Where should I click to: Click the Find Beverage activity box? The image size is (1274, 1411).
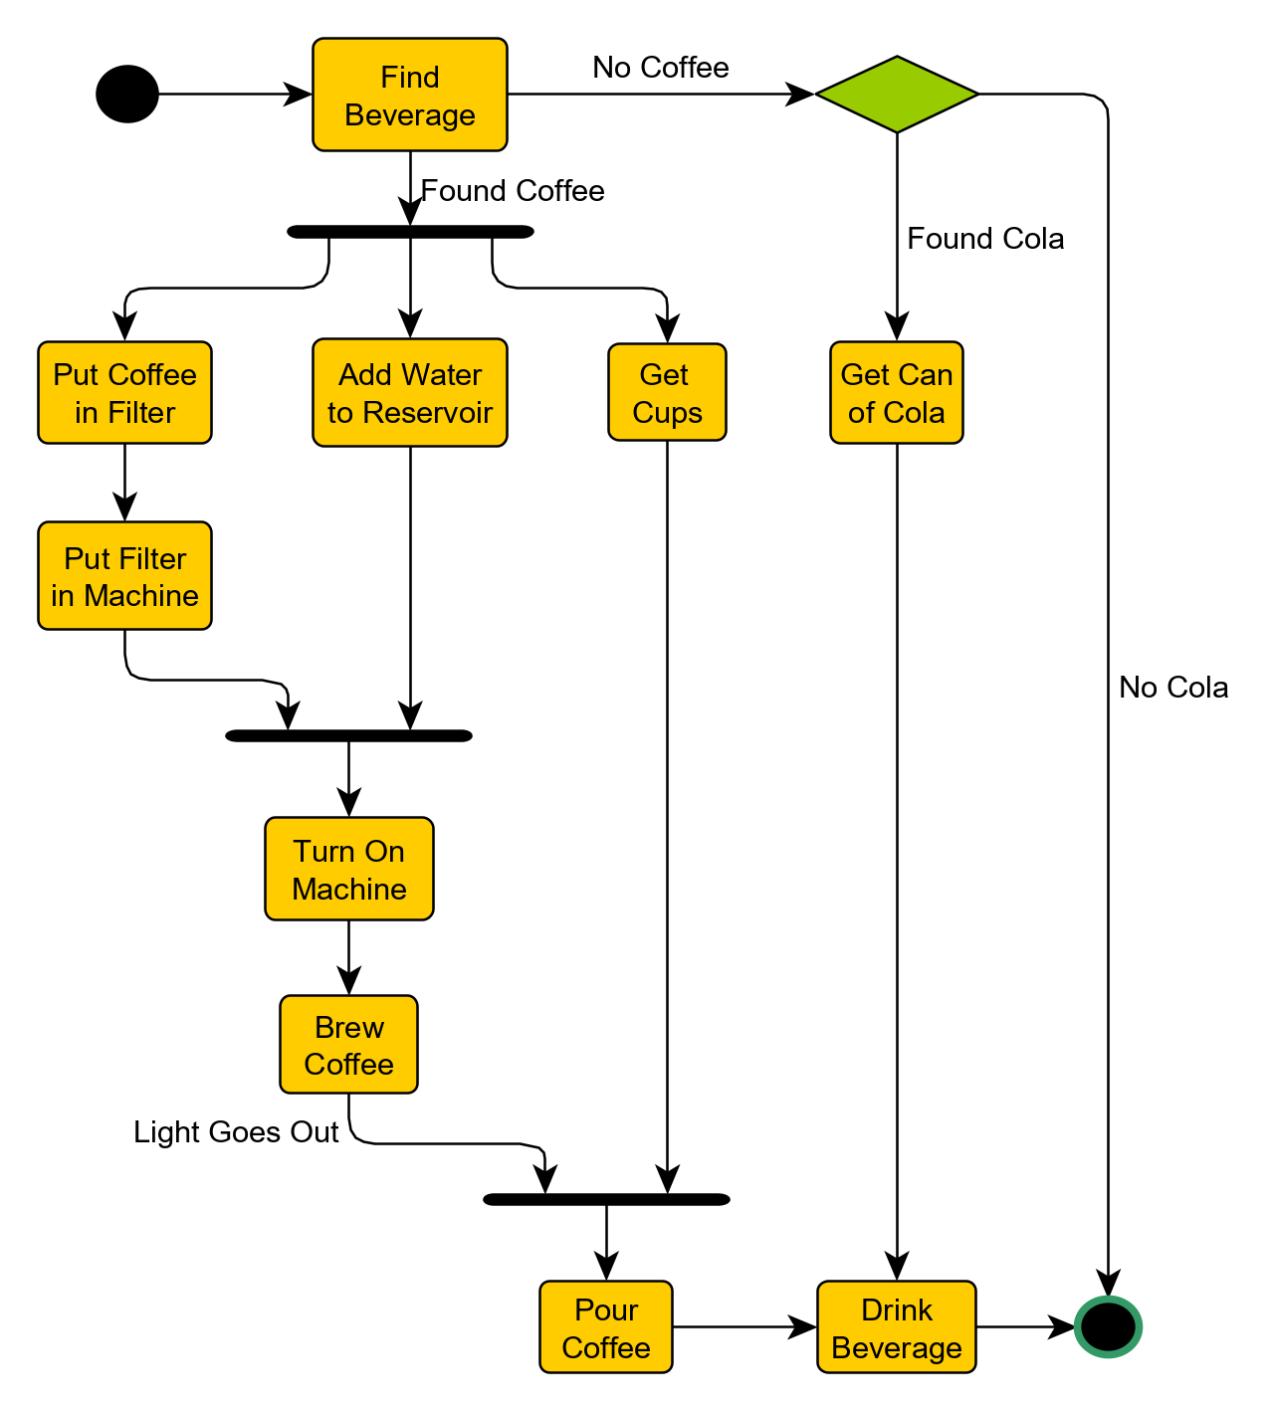pyautogui.click(x=409, y=96)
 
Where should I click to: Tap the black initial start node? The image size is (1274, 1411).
pyautogui.click(x=127, y=95)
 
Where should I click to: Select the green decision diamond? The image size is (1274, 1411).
pyautogui.click(x=897, y=95)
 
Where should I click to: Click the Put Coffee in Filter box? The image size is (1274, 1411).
pyautogui.click(x=124, y=393)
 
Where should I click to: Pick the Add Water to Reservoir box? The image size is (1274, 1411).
pyautogui.click(x=409, y=393)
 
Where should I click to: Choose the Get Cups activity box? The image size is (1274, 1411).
pyautogui.click(x=667, y=393)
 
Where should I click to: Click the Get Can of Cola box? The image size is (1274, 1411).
pyautogui.click(x=896, y=393)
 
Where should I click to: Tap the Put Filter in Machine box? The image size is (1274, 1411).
pyautogui.click(x=124, y=576)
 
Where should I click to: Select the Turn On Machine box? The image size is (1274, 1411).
pyautogui.click(x=348, y=869)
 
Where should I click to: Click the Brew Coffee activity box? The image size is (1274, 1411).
pyautogui.click(x=348, y=1045)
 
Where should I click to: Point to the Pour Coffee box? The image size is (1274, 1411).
pyautogui.click(x=605, y=1327)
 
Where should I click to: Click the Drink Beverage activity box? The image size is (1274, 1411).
pyautogui.click(x=896, y=1327)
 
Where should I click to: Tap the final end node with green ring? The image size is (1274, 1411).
pyautogui.click(x=1108, y=1326)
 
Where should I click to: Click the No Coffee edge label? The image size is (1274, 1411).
pyautogui.click(x=660, y=68)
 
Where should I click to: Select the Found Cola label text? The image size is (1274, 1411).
pyautogui.click(x=985, y=239)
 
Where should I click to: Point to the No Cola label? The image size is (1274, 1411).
pyautogui.click(x=1172, y=688)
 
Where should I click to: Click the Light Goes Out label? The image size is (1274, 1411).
pyautogui.click(x=236, y=1132)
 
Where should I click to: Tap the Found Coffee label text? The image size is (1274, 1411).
pyautogui.click(x=513, y=191)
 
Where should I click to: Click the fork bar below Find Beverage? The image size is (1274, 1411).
pyautogui.click(x=410, y=232)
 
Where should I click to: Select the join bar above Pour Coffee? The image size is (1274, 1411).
pyautogui.click(x=606, y=1199)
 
